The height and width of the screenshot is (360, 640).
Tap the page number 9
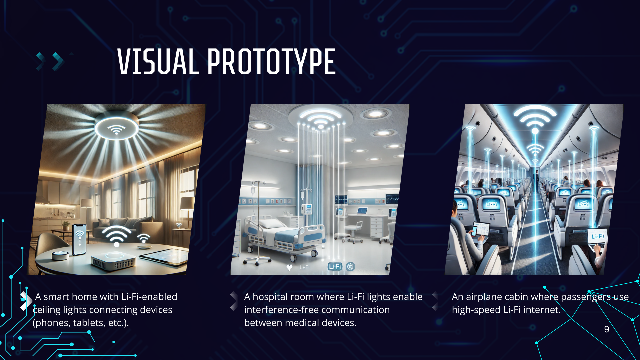click(x=607, y=329)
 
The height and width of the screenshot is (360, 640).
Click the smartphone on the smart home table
click(x=79, y=239)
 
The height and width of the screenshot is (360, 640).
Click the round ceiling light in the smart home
click(x=116, y=129)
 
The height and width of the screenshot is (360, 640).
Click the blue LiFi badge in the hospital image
click(x=335, y=266)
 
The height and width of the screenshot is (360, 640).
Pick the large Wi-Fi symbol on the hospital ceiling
click(x=320, y=119)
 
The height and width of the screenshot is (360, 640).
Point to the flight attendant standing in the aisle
click(x=537, y=180)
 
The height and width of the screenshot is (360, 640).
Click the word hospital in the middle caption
click(x=270, y=297)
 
